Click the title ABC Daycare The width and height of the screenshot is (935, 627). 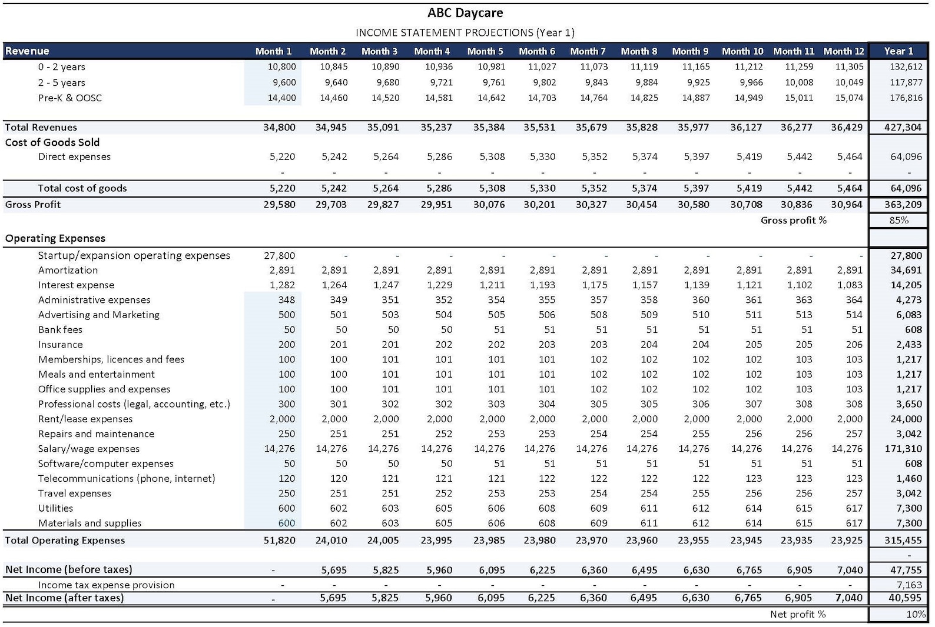click(x=465, y=13)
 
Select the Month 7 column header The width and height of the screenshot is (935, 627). click(x=588, y=51)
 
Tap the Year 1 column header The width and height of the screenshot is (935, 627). click(x=898, y=51)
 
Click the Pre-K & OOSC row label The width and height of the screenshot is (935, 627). click(x=70, y=98)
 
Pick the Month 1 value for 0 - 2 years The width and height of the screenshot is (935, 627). click(x=281, y=67)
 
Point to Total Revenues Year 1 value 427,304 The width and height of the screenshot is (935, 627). click(x=903, y=128)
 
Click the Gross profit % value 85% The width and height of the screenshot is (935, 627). click(x=898, y=220)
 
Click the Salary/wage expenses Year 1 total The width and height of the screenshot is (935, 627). click(x=903, y=449)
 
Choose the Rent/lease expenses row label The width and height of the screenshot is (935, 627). click(x=85, y=419)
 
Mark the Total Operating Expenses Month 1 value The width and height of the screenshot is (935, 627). click(x=279, y=541)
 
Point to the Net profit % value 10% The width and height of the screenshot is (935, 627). click(x=915, y=614)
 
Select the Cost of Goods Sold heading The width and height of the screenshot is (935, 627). click(x=52, y=142)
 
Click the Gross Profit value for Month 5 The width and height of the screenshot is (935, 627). click(x=489, y=205)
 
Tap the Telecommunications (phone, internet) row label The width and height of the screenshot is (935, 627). click(x=127, y=479)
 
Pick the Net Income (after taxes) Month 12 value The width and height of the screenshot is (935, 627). click(x=849, y=598)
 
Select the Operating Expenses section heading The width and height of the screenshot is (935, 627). click(x=55, y=238)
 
